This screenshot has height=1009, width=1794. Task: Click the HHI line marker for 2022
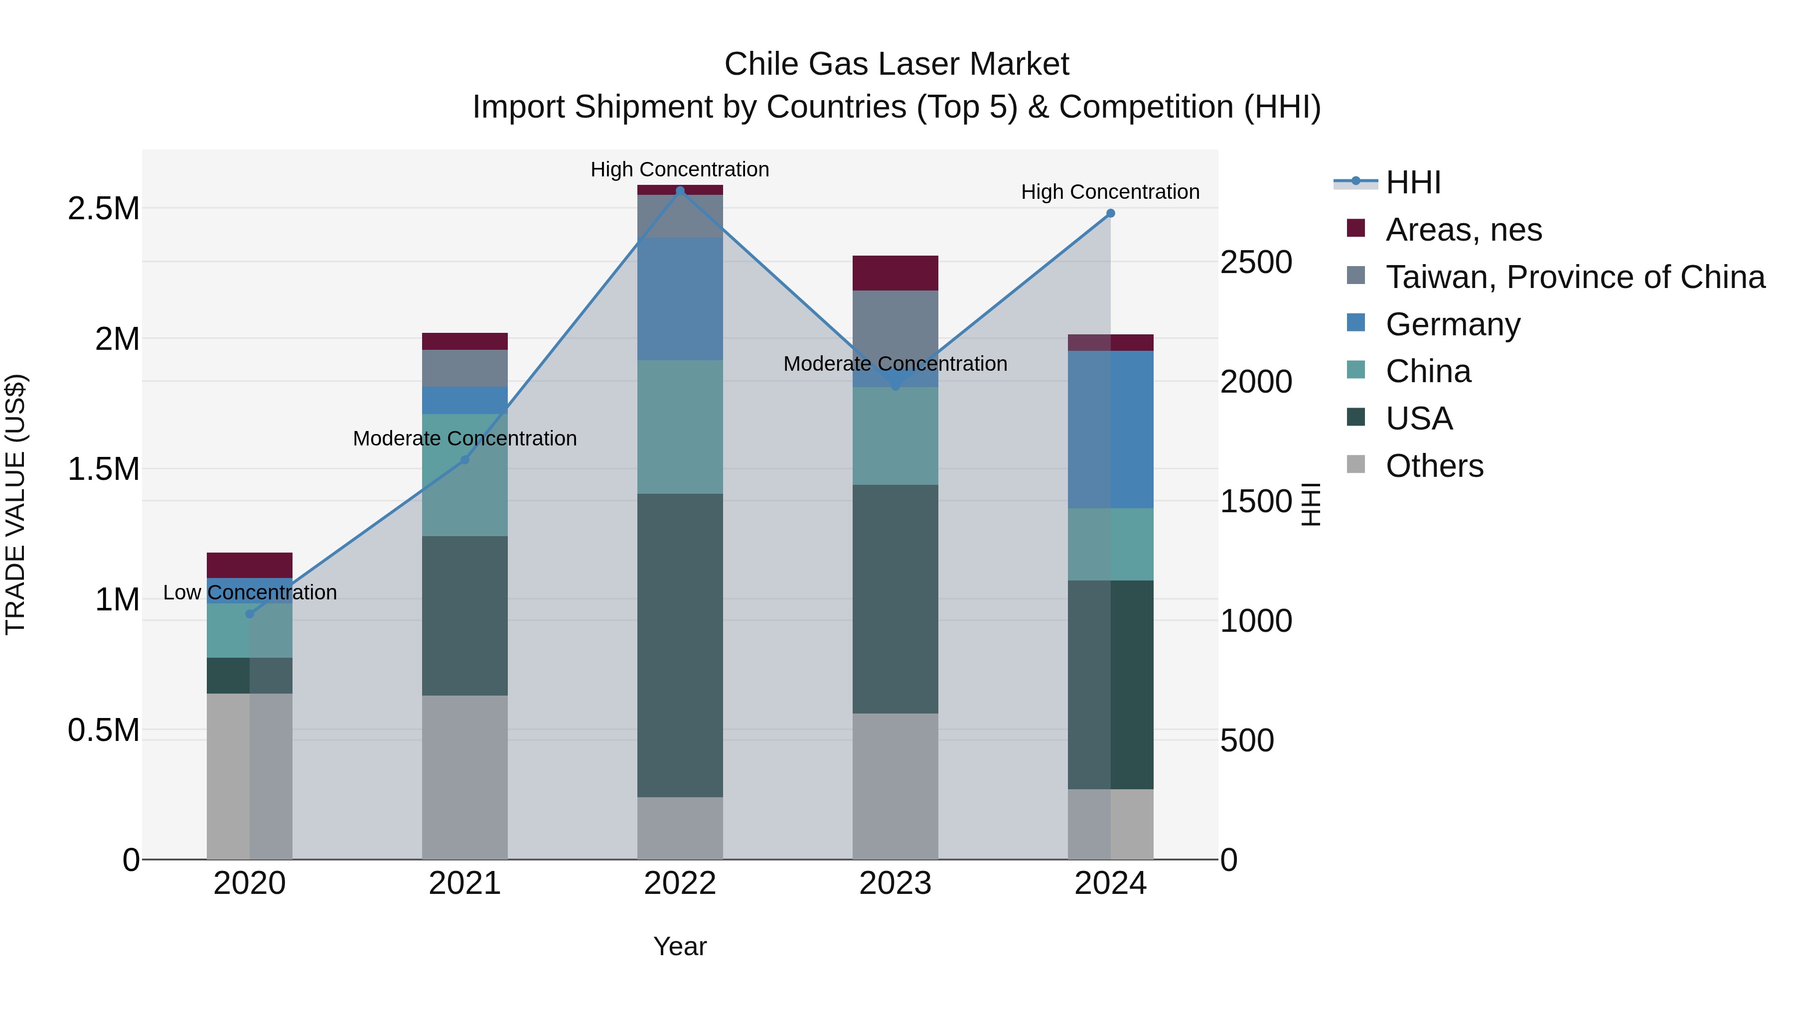[x=680, y=191]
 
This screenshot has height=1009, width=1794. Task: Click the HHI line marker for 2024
[x=1110, y=214]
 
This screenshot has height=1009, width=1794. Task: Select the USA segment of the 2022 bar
[x=680, y=645]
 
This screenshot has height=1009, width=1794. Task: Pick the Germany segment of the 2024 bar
[x=1110, y=429]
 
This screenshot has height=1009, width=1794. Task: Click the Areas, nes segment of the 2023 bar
[x=895, y=273]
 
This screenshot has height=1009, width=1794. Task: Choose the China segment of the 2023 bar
[x=895, y=436]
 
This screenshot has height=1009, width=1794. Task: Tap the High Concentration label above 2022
[x=680, y=169]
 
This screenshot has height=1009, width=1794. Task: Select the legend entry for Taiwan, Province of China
[x=1575, y=277]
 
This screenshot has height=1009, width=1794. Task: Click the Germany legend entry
[x=1453, y=324]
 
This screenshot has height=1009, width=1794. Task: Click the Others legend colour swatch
[x=1355, y=464]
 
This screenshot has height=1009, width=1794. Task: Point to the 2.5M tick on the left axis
[x=104, y=209]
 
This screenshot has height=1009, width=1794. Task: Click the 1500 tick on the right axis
[x=1256, y=501]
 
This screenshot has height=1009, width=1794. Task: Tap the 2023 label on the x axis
[x=895, y=883]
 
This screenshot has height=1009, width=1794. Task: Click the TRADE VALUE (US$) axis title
[x=15, y=504]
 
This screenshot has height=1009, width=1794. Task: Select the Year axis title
[x=680, y=946]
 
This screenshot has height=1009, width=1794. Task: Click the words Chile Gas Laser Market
[x=897, y=64]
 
